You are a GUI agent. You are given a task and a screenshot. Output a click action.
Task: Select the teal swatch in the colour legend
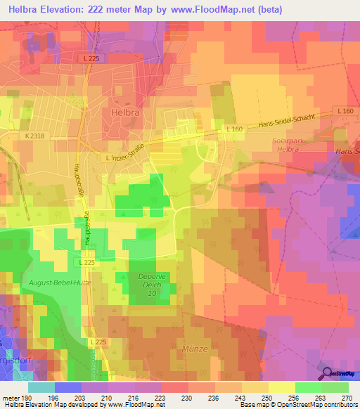coord(41,387)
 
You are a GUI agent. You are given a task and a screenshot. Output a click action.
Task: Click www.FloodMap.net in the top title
coord(242,8)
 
